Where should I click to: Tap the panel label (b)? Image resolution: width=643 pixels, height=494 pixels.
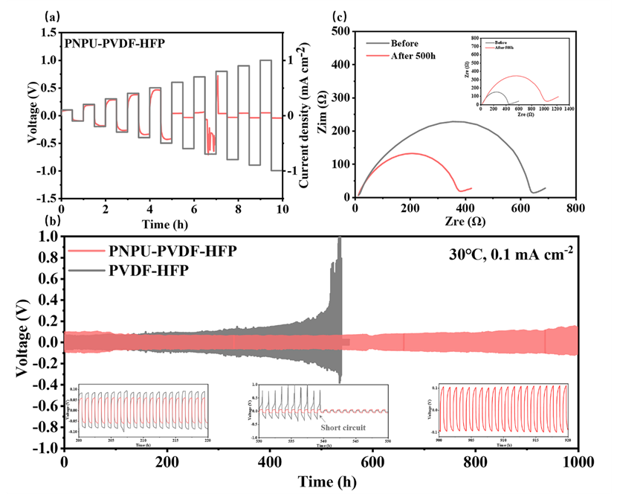click(x=53, y=222)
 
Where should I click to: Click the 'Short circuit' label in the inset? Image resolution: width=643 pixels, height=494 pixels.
click(x=343, y=428)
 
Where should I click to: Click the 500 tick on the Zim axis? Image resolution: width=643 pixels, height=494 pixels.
click(x=341, y=31)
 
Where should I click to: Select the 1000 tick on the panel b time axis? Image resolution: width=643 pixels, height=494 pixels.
click(x=577, y=461)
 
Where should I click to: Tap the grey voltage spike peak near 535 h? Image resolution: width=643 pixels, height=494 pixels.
click(x=340, y=238)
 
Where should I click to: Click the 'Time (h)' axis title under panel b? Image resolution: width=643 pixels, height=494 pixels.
click(x=320, y=480)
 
